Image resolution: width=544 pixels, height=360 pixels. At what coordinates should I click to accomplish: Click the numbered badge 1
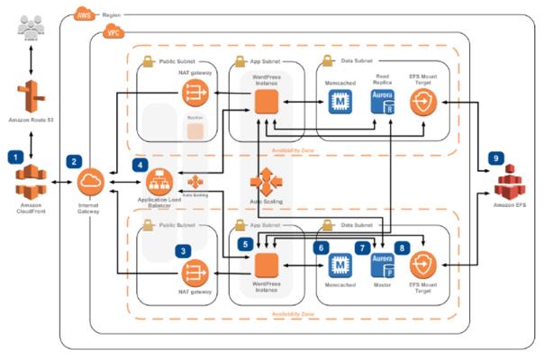click(14, 157)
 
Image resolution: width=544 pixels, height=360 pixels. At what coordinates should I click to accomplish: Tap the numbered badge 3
click(184, 253)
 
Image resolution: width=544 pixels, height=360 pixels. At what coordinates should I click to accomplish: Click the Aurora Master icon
click(382, 263)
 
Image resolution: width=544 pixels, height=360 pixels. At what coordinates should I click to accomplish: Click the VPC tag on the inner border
click(113, 31)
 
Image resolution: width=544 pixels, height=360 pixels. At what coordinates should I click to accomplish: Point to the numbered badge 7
click(362, 247)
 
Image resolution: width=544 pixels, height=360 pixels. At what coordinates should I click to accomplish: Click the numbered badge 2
click(73, 163)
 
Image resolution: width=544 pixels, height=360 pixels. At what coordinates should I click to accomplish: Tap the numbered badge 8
click(402, 247)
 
